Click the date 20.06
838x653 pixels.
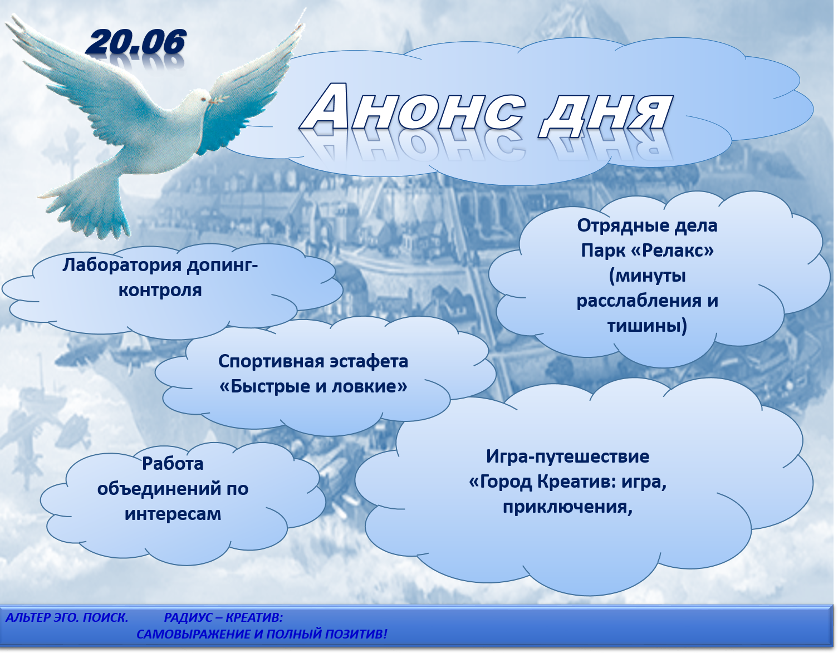click(136, 42)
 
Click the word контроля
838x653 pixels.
click(160, 290)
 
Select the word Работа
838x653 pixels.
click(173, 464)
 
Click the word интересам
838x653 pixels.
click(173, 514)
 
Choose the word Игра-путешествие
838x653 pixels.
click(567, 457)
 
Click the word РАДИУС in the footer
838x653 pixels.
click(188, 617)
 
